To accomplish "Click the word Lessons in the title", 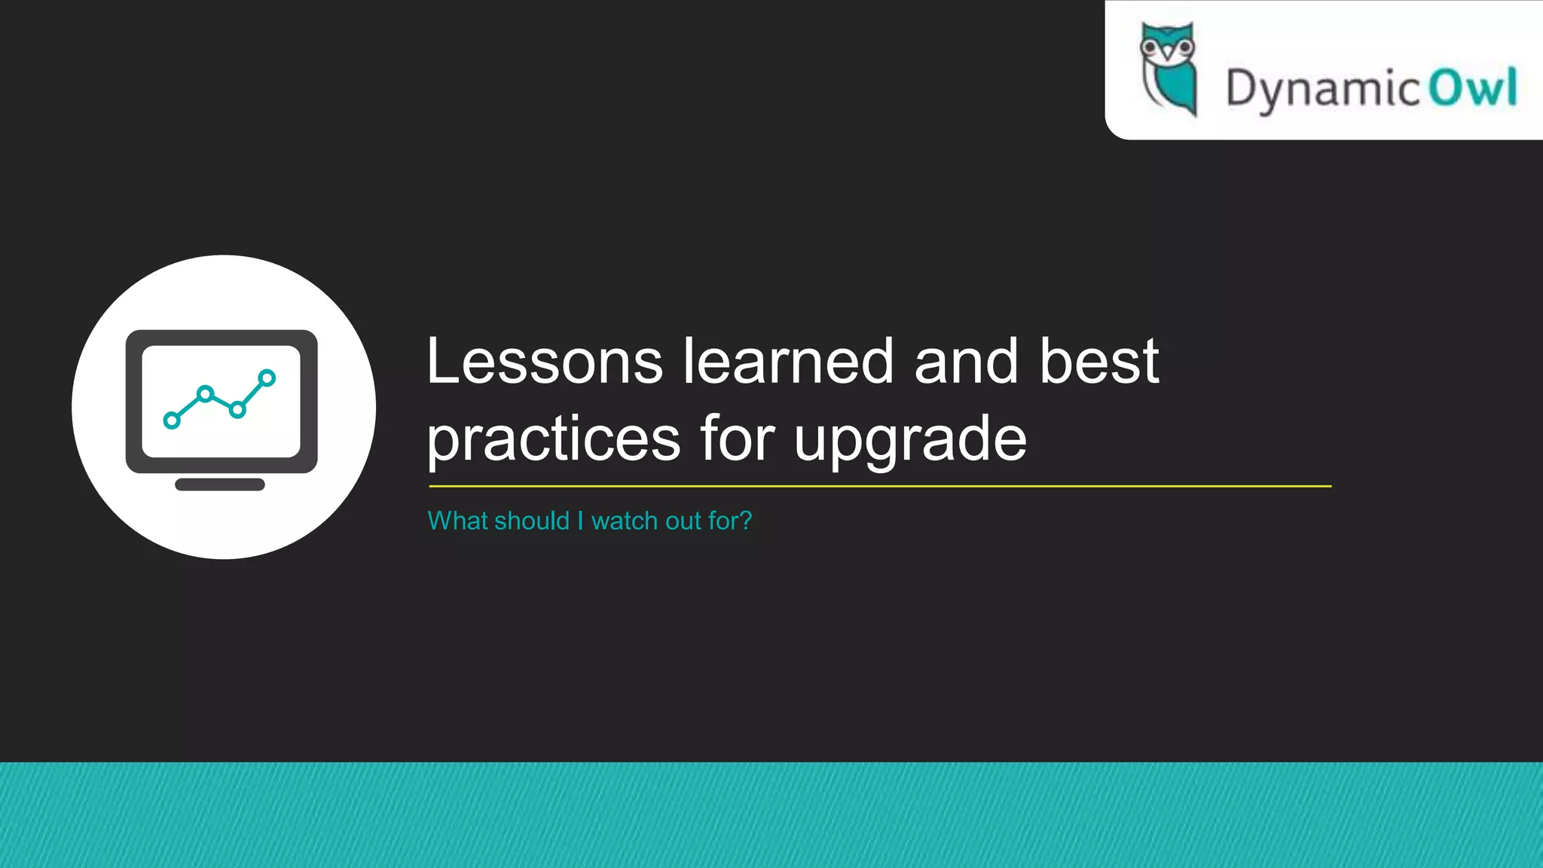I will (544, 362).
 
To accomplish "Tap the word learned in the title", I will (788, 362).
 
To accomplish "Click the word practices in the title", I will (554, 440).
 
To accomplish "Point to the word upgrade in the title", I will (910, 440).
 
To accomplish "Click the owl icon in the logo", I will (1169, 69).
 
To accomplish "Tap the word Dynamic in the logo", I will (1322, 89).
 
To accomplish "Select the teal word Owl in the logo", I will (1473, 87).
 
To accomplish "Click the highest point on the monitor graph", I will (267, 377).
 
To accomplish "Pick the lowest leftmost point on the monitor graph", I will (172, 420).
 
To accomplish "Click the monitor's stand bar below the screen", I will (220, 484).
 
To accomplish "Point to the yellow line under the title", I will (879, 487).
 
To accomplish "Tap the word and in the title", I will (966, 362).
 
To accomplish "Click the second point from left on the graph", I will (205, 393).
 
